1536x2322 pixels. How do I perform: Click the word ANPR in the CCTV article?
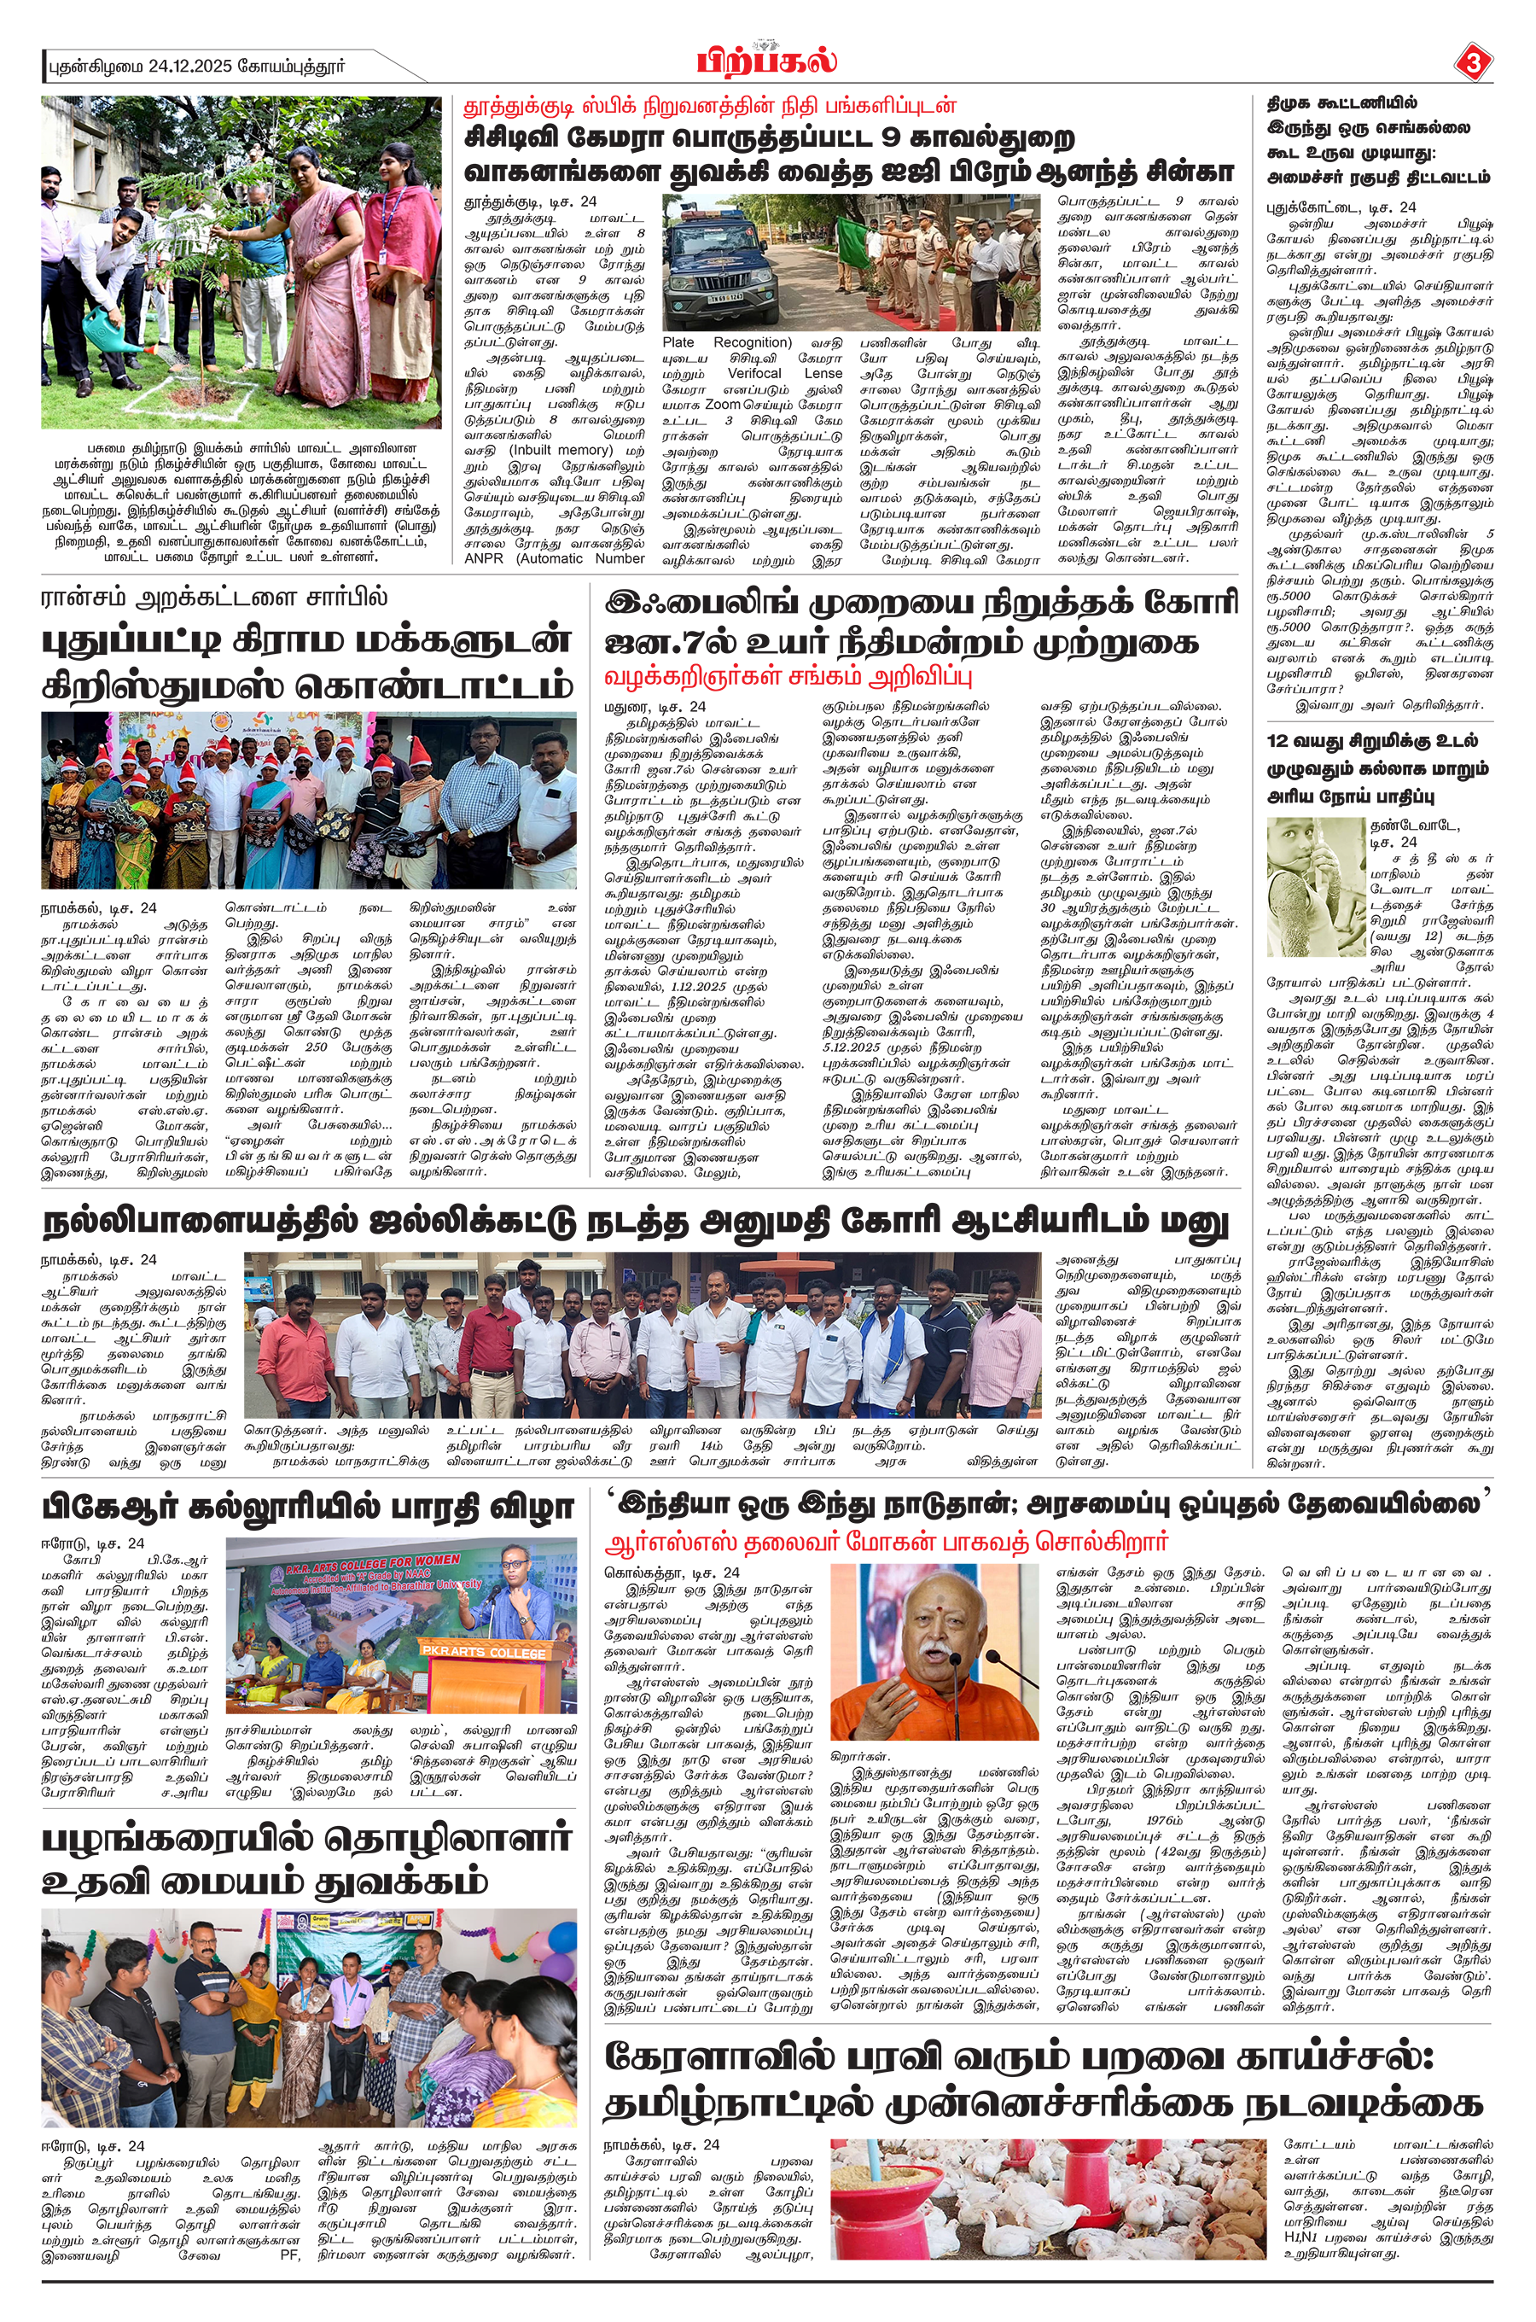483,558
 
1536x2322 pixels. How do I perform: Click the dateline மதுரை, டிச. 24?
655,706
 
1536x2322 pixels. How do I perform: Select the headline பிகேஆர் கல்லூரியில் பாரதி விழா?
306,1506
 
